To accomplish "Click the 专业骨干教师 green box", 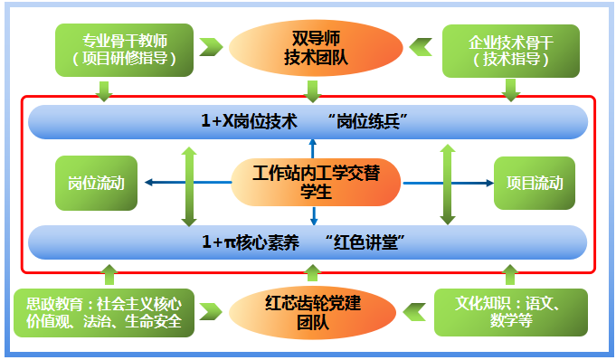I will (x=124, y=50).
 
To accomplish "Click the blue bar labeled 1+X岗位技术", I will (x=308, y=121).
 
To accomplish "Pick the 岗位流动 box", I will (x=95, y=183).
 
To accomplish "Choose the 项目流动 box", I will (x=531, y=183).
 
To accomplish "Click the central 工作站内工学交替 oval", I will (x=314, y=182).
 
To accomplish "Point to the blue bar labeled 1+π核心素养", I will (x=308, y=242).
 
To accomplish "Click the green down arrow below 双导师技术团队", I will (x=313, y=90).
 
